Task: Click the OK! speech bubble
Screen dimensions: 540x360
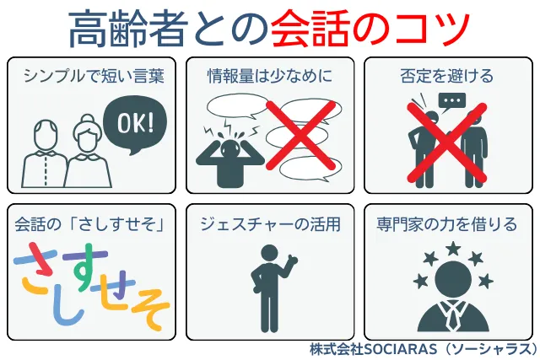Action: [135, 125]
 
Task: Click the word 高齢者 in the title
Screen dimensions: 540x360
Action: [128, 29]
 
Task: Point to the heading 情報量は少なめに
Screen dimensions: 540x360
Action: [270, 76]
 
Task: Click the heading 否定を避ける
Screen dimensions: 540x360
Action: [447, 76]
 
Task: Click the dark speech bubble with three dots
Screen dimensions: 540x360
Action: [452, 102]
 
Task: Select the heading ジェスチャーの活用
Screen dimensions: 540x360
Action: [270, 224]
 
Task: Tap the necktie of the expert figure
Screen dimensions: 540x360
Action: [453, 315]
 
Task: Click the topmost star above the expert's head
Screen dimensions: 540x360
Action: [453, 248]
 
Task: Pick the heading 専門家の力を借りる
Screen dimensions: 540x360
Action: [447, 224]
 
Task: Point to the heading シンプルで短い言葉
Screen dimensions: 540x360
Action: [94, 76]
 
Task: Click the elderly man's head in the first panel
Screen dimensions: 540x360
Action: [46, 134]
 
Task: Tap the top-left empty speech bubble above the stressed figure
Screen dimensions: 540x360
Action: [237, 106]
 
